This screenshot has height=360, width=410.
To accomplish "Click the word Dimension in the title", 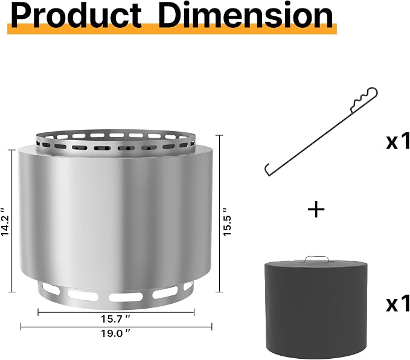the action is [246, 16].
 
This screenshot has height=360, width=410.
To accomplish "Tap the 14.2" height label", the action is [5, 222].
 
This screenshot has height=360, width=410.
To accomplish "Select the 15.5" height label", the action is [227, 222].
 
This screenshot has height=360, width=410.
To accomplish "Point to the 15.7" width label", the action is [115, 319].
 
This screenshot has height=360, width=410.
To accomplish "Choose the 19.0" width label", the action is [115, 333].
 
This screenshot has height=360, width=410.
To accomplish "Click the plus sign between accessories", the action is [316, 209].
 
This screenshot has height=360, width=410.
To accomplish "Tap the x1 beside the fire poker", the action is [398, 142].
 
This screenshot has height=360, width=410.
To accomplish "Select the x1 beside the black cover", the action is [398, 303].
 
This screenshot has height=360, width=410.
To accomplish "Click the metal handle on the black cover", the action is [317, 258].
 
